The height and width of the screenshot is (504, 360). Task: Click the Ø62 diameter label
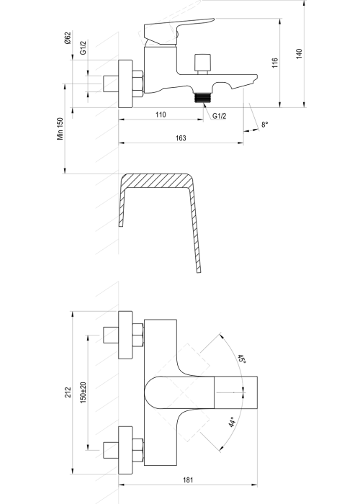(68, 38)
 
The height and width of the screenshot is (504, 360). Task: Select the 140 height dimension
(300, 53)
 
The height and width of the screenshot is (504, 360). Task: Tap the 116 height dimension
(275, 63)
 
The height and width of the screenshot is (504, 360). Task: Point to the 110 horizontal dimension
(161, 114)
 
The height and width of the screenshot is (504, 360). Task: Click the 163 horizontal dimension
(181, 138)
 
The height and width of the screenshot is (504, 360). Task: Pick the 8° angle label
(264, 125)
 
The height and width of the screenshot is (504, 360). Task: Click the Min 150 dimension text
(60, 129)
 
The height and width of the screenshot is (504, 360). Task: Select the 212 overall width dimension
(68, 392)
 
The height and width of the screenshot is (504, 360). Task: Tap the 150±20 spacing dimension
(84, 392)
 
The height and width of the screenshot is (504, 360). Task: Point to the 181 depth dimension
(188, 480)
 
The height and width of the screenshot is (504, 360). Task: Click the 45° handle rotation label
(242, 359)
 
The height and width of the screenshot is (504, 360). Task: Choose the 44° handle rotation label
(232, 421)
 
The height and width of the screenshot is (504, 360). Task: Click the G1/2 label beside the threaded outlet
(219, 116)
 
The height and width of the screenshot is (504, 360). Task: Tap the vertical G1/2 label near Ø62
(83, 48)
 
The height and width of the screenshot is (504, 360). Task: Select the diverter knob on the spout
(202, 63)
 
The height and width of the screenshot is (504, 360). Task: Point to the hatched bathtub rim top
(156, 181)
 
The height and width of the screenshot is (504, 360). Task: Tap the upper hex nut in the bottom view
(138, 335)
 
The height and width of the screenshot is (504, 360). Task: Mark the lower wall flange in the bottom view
(125, 450)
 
